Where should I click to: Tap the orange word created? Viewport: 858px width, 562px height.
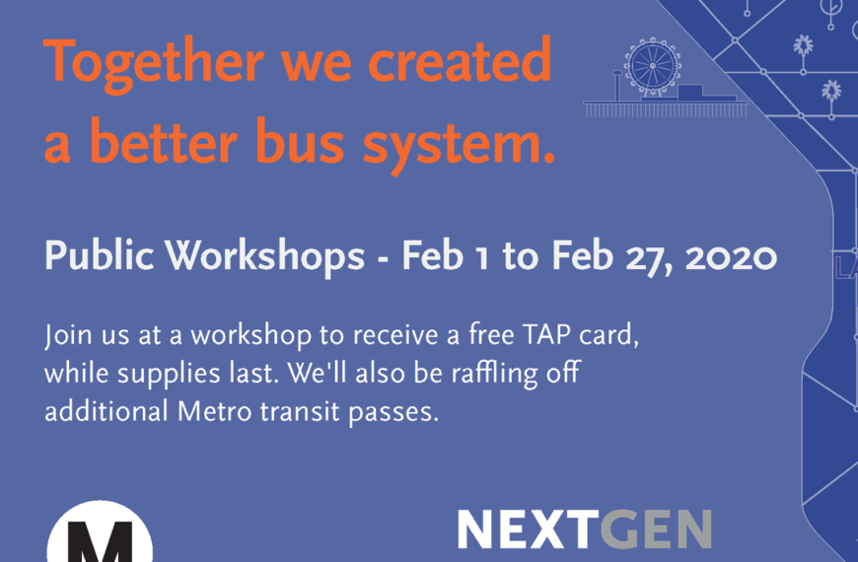(460, 59)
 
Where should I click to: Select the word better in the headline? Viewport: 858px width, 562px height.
(163, 140)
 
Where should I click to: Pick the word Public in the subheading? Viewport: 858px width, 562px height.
(99, 255)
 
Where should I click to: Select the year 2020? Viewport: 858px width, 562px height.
(731, 257)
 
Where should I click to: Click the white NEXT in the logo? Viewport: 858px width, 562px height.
(528, 528)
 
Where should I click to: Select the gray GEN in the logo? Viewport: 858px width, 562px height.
(656, 528)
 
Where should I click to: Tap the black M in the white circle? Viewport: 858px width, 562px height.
(100, 542)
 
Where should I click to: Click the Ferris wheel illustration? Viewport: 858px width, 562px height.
(653, 67)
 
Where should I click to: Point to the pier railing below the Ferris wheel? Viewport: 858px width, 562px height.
(666, 109)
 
